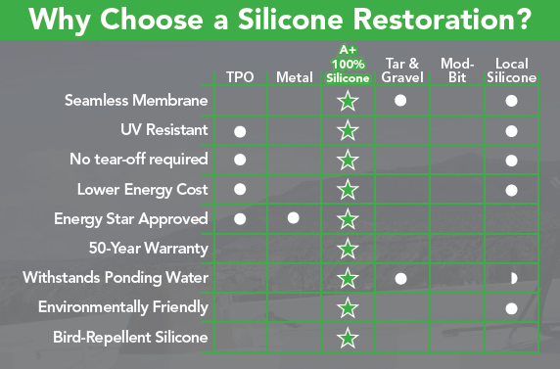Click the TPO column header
(x=240, y=77)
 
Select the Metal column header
(x=295, y=77)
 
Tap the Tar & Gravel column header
(x=402, y=70)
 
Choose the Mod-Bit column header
(x=457, y=70)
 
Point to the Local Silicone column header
(x=511, y=70)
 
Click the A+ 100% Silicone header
(x=348, y=65)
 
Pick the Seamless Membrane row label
(x=136, y=101)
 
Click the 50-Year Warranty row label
(x=148, y=249)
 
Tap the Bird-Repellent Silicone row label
(x=130, y=338)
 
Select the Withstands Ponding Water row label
(x=116, y=278)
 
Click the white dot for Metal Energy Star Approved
(x=293, y=218)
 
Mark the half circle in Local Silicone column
(x=514, y=278)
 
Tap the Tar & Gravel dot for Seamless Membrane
(x=400, y=101)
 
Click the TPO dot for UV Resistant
(x=240, y=132)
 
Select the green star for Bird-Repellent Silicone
(x=348, y=338)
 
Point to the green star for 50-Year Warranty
(x=348, y=249)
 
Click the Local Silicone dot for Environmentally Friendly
(x=511, y=308)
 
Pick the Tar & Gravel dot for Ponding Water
(x=400, y=279)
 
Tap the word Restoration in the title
(x=433, y=19)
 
